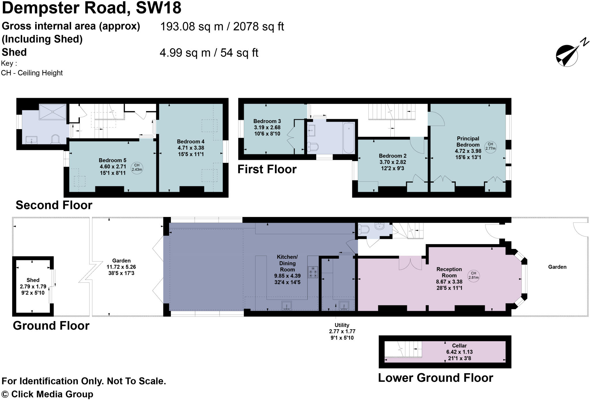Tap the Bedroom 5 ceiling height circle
[x=137, y=168]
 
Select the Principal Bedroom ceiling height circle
[x=490, y=146]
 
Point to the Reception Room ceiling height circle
[x=474, y=276]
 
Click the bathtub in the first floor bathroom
[x=349, y=138]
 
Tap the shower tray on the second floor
[x=52, y=112]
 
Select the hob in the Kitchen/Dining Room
[x=313, y=272]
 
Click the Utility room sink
[x=344, y=305]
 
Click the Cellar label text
[x=459, y=346]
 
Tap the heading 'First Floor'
[x=267, y=169]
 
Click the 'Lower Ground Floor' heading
[x=436, y=378]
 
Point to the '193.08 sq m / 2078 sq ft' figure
[x=222, y=27]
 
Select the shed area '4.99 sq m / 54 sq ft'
[x=209, y=53]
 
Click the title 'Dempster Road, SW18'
[x=92, y=8]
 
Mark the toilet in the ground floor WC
[x=364, y=230]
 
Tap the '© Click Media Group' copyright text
[x=47, y=394]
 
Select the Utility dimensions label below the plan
[x=342, y=331]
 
